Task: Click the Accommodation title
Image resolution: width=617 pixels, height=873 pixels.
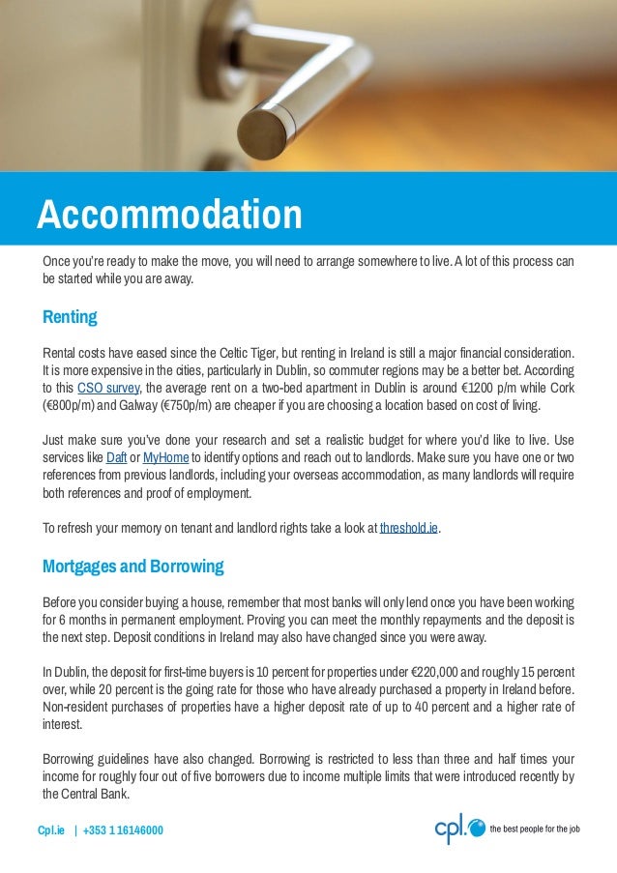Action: [x=169, y=214]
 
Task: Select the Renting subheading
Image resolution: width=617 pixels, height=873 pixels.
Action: [x=70, y=317]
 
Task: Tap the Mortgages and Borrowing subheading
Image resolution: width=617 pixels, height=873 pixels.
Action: [x=132, y=566]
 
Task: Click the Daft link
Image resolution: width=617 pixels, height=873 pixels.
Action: [x=116, y=457]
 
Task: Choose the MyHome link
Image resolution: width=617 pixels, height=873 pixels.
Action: [x=165, y=457]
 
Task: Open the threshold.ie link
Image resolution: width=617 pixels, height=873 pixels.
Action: [x=409, y=528]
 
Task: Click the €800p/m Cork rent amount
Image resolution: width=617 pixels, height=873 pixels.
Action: [x=71, y=405]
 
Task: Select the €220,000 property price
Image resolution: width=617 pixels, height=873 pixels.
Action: [x=438, y=672]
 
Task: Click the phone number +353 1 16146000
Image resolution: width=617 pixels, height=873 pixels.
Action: [x=123, y=830]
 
